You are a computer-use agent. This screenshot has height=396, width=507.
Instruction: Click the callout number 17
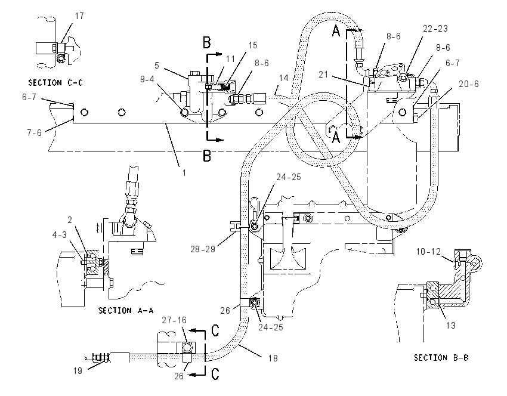click(79, 16)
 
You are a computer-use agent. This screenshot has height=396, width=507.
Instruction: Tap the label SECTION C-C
click(55, 83)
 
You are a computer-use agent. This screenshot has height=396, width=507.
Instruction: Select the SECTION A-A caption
click(126, 311)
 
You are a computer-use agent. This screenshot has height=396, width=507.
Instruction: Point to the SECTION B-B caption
click(441, 358)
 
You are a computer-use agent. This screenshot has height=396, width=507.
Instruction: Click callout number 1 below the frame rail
click(184, 173)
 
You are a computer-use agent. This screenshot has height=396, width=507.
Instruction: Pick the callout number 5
click(157, 66)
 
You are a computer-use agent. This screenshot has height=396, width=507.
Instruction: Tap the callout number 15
click(253, 45)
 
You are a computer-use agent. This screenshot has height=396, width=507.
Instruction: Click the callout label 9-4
click(147, 79)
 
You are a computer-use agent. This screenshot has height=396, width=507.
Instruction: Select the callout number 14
click(283, 78)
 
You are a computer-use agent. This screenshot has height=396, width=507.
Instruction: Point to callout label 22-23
click(435, 29)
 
